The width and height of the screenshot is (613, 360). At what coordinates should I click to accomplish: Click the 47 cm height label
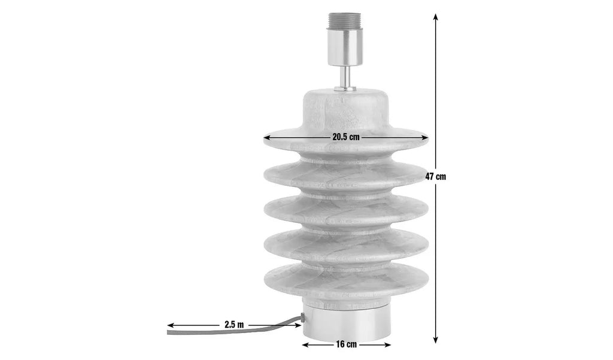pos(436,177)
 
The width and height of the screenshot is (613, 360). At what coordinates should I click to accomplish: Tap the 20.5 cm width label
pos(346,137)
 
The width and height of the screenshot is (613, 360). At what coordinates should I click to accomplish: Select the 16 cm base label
pos(347,345)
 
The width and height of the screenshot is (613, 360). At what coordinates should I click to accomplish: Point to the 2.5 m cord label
pos(234,325)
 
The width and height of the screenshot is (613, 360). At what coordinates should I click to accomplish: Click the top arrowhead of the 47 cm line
pos(436,16)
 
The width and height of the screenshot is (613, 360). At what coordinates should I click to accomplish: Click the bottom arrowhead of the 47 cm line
pos(436,340)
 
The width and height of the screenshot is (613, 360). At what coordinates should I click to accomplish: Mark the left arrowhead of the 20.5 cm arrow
pos(267,138)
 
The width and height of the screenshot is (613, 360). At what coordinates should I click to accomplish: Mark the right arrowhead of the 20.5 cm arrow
pos(425,138)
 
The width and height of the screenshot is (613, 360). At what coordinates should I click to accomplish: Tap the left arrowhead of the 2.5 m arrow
pos(171,325)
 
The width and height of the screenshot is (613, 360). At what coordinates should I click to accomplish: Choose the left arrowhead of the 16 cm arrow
pos(306,345)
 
